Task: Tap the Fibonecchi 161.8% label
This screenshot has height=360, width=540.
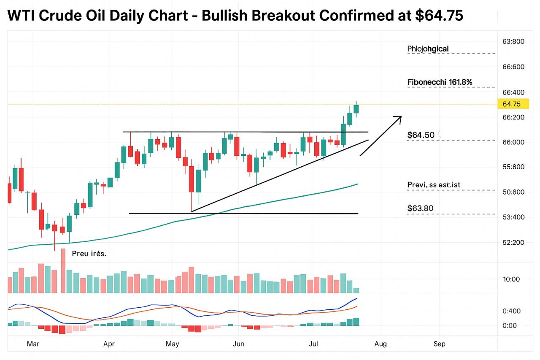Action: (440, 82)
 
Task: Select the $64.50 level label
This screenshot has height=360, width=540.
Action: (421, 135)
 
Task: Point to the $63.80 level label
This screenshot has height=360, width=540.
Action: (420, 208)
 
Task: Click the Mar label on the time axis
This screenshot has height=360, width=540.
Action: (33, 344)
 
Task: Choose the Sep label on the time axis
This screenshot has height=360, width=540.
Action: (440, 344)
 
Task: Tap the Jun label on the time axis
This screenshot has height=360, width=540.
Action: (239, 344)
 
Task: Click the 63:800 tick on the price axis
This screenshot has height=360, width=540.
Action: (513, 41)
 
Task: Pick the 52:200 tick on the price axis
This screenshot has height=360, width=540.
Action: (513, 242)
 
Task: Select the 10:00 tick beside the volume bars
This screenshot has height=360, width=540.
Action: (511, 279)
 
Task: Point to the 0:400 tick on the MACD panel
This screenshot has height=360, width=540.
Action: (511, 311)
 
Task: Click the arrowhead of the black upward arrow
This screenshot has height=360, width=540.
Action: (398, 118)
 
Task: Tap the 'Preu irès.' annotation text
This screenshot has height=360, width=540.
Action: (89, 254)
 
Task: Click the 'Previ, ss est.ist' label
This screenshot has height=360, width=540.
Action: (436, 185)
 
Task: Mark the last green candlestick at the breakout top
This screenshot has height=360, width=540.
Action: (356, 109)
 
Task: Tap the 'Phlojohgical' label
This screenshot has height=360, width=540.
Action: (428, 49)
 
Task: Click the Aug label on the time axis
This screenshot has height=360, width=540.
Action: (381, 344)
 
